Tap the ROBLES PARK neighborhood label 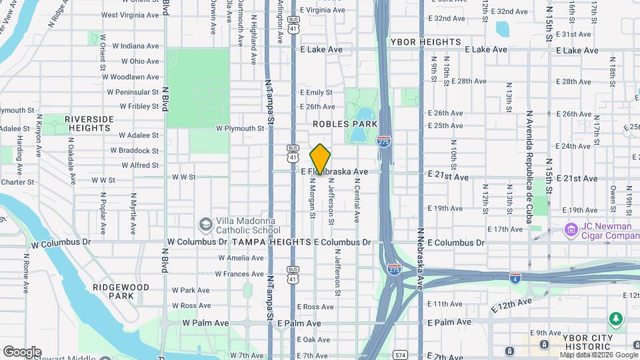345,124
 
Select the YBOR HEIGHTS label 426,42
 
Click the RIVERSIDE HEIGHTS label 89,123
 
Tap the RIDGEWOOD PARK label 121,291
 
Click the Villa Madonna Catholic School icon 205,224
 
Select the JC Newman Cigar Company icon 571,231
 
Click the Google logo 22,352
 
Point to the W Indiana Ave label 135,46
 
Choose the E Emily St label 316,93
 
